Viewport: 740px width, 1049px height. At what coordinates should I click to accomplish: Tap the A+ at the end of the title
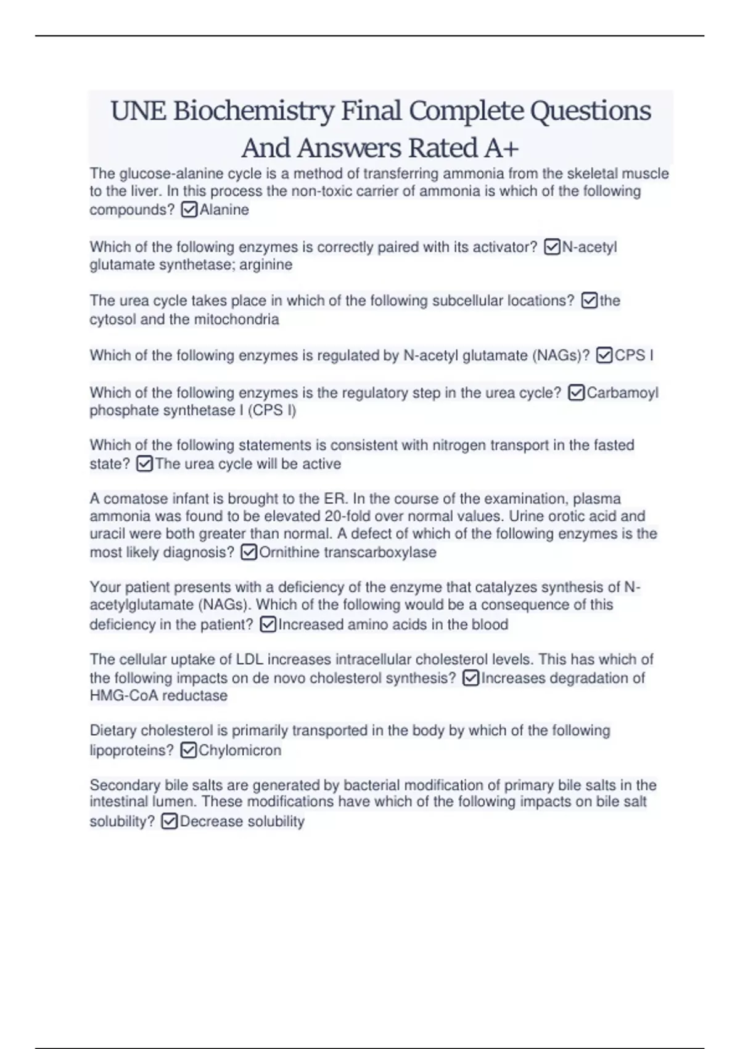pos(502,148)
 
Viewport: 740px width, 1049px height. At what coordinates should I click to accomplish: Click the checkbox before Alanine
pos(189,210)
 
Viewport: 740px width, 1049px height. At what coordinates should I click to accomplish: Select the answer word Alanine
pos(224,210)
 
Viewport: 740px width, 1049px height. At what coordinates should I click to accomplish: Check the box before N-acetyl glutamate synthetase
pos(552,247)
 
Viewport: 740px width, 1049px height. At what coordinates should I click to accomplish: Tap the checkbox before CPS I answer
pos(604,356)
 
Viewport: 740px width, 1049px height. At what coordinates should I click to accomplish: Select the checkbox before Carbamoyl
pos(576,393)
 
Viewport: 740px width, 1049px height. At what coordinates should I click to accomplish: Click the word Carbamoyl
pos(623,393)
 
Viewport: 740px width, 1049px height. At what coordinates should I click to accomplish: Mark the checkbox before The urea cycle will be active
pos(144,464)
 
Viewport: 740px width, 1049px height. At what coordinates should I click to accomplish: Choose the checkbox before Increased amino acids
pos(268,625)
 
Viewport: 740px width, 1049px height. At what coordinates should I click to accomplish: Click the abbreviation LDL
pos(250,660)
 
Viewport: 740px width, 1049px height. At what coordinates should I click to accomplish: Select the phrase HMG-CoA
pos(121,696)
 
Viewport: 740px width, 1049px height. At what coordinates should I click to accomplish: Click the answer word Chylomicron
pos(240,751)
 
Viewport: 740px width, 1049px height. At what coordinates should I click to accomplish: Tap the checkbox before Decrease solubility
pos(169,822)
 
